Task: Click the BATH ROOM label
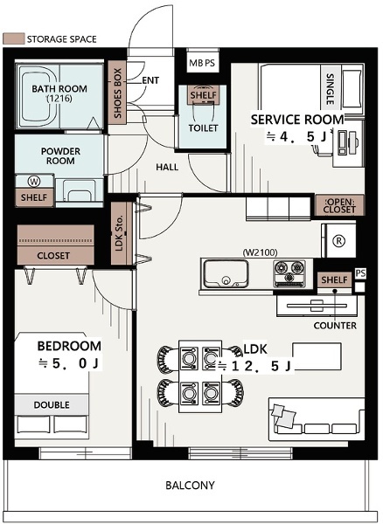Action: tap(59, 89)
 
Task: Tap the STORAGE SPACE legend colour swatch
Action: tap(14, 38)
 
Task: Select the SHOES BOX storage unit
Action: tap(117, 93)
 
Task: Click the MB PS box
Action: tap(202, 63)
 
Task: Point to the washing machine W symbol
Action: tap(34, 182)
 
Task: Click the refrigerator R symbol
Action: tap(339, 241)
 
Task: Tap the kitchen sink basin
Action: tap(226, 274)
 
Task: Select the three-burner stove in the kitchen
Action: tap(289, 274)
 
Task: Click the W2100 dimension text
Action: tap(261, 252)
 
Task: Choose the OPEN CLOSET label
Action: tap(339, 206)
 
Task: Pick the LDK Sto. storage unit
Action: tap(122, 233)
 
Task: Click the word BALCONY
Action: tap(190, 486)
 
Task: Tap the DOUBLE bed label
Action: tap(52, 405)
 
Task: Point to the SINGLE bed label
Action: tap(331, 89)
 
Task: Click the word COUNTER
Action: tap(335, 326)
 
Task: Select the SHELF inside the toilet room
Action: tap(204, 95)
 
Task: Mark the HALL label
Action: tap(167, 167)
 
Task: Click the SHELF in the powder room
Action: tap(34, 197)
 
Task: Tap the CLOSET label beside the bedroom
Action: tap(53, 256)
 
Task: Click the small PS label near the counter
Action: tap(360, 273)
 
